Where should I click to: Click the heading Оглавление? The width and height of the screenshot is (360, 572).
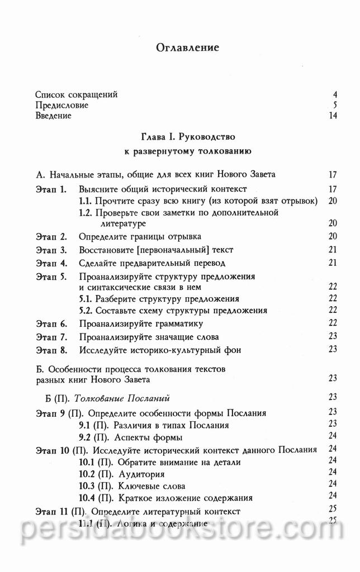(187, 47)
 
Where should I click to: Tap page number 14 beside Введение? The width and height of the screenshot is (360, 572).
(333, 116)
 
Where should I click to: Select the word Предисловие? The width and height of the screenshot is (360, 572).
(61, 105)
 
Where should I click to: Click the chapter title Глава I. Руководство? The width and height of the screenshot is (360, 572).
(188, 136)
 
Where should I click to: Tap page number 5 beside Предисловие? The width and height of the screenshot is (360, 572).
(334, 105)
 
